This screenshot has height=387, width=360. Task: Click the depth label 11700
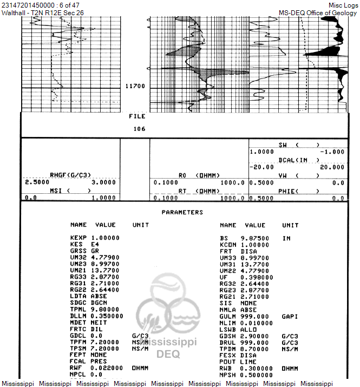click(134, 86)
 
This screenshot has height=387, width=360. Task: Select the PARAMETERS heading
click(182, 212)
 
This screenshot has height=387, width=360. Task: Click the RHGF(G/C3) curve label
click(70, 175)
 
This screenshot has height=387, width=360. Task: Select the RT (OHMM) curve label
click(199, 191)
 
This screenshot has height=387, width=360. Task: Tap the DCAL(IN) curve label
click(298, 160)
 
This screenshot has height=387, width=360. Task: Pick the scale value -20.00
click(260, 167)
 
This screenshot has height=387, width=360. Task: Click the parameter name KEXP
click(78, 238)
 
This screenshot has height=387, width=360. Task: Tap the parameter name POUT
click(228, 362)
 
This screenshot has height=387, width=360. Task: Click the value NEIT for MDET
click(99, 323)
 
